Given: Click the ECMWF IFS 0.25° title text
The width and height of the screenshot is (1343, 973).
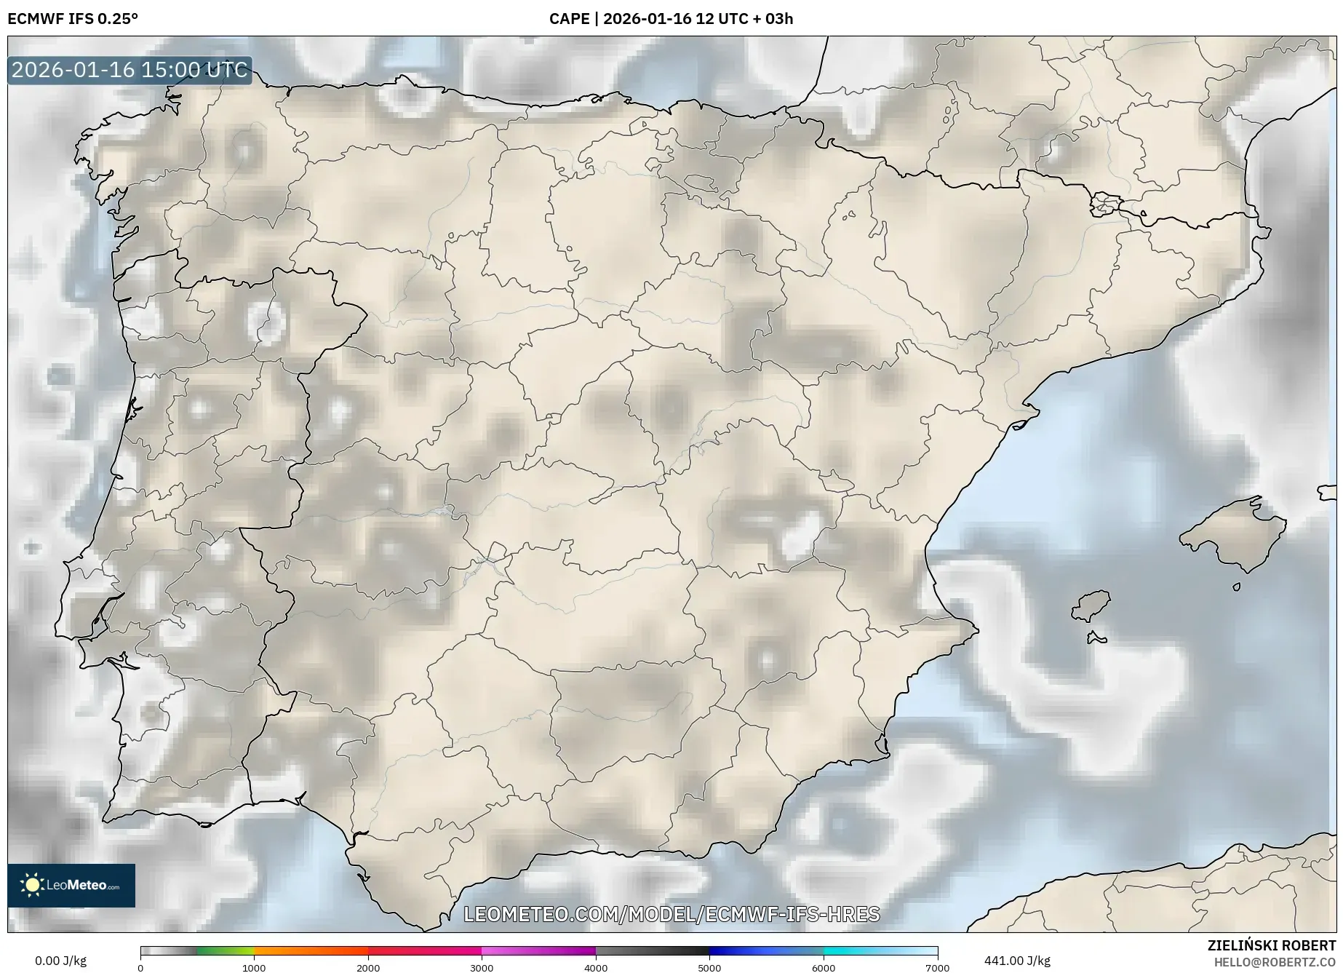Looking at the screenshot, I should tap(73, 19).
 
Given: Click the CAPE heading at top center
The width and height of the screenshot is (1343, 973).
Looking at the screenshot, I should tap(671, 19).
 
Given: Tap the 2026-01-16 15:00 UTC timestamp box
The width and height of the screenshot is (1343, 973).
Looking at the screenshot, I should tap(129, 71).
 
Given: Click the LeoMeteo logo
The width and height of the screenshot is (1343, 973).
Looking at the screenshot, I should tap(71, 885).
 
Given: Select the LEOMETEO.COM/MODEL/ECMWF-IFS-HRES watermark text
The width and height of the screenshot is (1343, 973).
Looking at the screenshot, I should tap(671, 914).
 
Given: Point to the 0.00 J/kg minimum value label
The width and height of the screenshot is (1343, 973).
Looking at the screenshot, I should tap(60, 961).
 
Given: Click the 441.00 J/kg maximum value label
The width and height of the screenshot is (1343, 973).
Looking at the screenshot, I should tap(1017, 961).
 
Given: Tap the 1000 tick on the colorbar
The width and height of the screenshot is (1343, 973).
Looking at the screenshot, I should tap(254, 968).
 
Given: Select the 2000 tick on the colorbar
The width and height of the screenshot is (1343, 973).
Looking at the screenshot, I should tap(368, 968).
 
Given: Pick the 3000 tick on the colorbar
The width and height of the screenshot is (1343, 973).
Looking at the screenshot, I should tap(482, 968).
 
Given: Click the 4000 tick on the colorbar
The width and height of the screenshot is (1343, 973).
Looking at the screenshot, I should tap(596, 968).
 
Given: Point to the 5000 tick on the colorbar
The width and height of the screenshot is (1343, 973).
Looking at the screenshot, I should tap(709, 968).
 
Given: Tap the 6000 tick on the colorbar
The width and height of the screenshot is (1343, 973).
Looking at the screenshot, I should tap(824, 968).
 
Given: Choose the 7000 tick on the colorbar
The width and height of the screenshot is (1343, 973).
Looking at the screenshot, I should tap(937, 968).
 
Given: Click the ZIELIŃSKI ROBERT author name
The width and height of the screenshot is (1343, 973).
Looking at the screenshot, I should tap(1272, 945).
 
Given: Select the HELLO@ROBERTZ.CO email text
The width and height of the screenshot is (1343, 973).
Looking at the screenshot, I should tap(1275, 962).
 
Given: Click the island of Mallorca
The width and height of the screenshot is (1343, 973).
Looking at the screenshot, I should tap(1234, 536).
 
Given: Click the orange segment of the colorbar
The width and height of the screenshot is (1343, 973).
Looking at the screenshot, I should tap(311, 950).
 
